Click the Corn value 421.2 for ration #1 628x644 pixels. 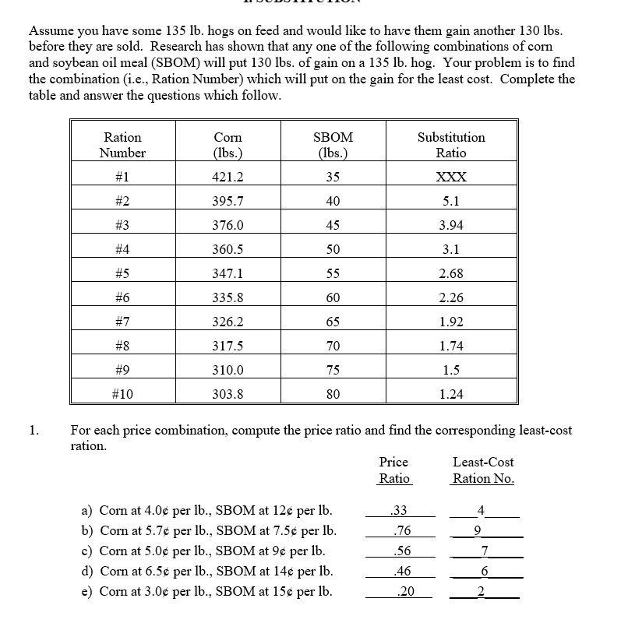coord(228,177)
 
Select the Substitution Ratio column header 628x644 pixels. coord(451,145)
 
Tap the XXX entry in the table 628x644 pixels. coord(451,177)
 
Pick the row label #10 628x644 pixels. coord(122,394)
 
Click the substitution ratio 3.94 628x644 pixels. coord(451,225)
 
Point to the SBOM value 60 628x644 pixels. coord(333,297)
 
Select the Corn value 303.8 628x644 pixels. coord(228,394)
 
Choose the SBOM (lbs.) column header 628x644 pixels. coord(333,145)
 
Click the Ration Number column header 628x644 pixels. coord(122,145)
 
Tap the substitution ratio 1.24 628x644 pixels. coord(451,394)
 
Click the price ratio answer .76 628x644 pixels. coord(403,531)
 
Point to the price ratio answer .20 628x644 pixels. coord(404,591)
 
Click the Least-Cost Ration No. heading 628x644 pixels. coord(483,470)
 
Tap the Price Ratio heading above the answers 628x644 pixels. coord(393,470)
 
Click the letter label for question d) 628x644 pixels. coord(87,571)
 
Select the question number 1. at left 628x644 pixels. coord(34,430)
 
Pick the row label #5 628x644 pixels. coord(122,273)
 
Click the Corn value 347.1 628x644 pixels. coord(228,273)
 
